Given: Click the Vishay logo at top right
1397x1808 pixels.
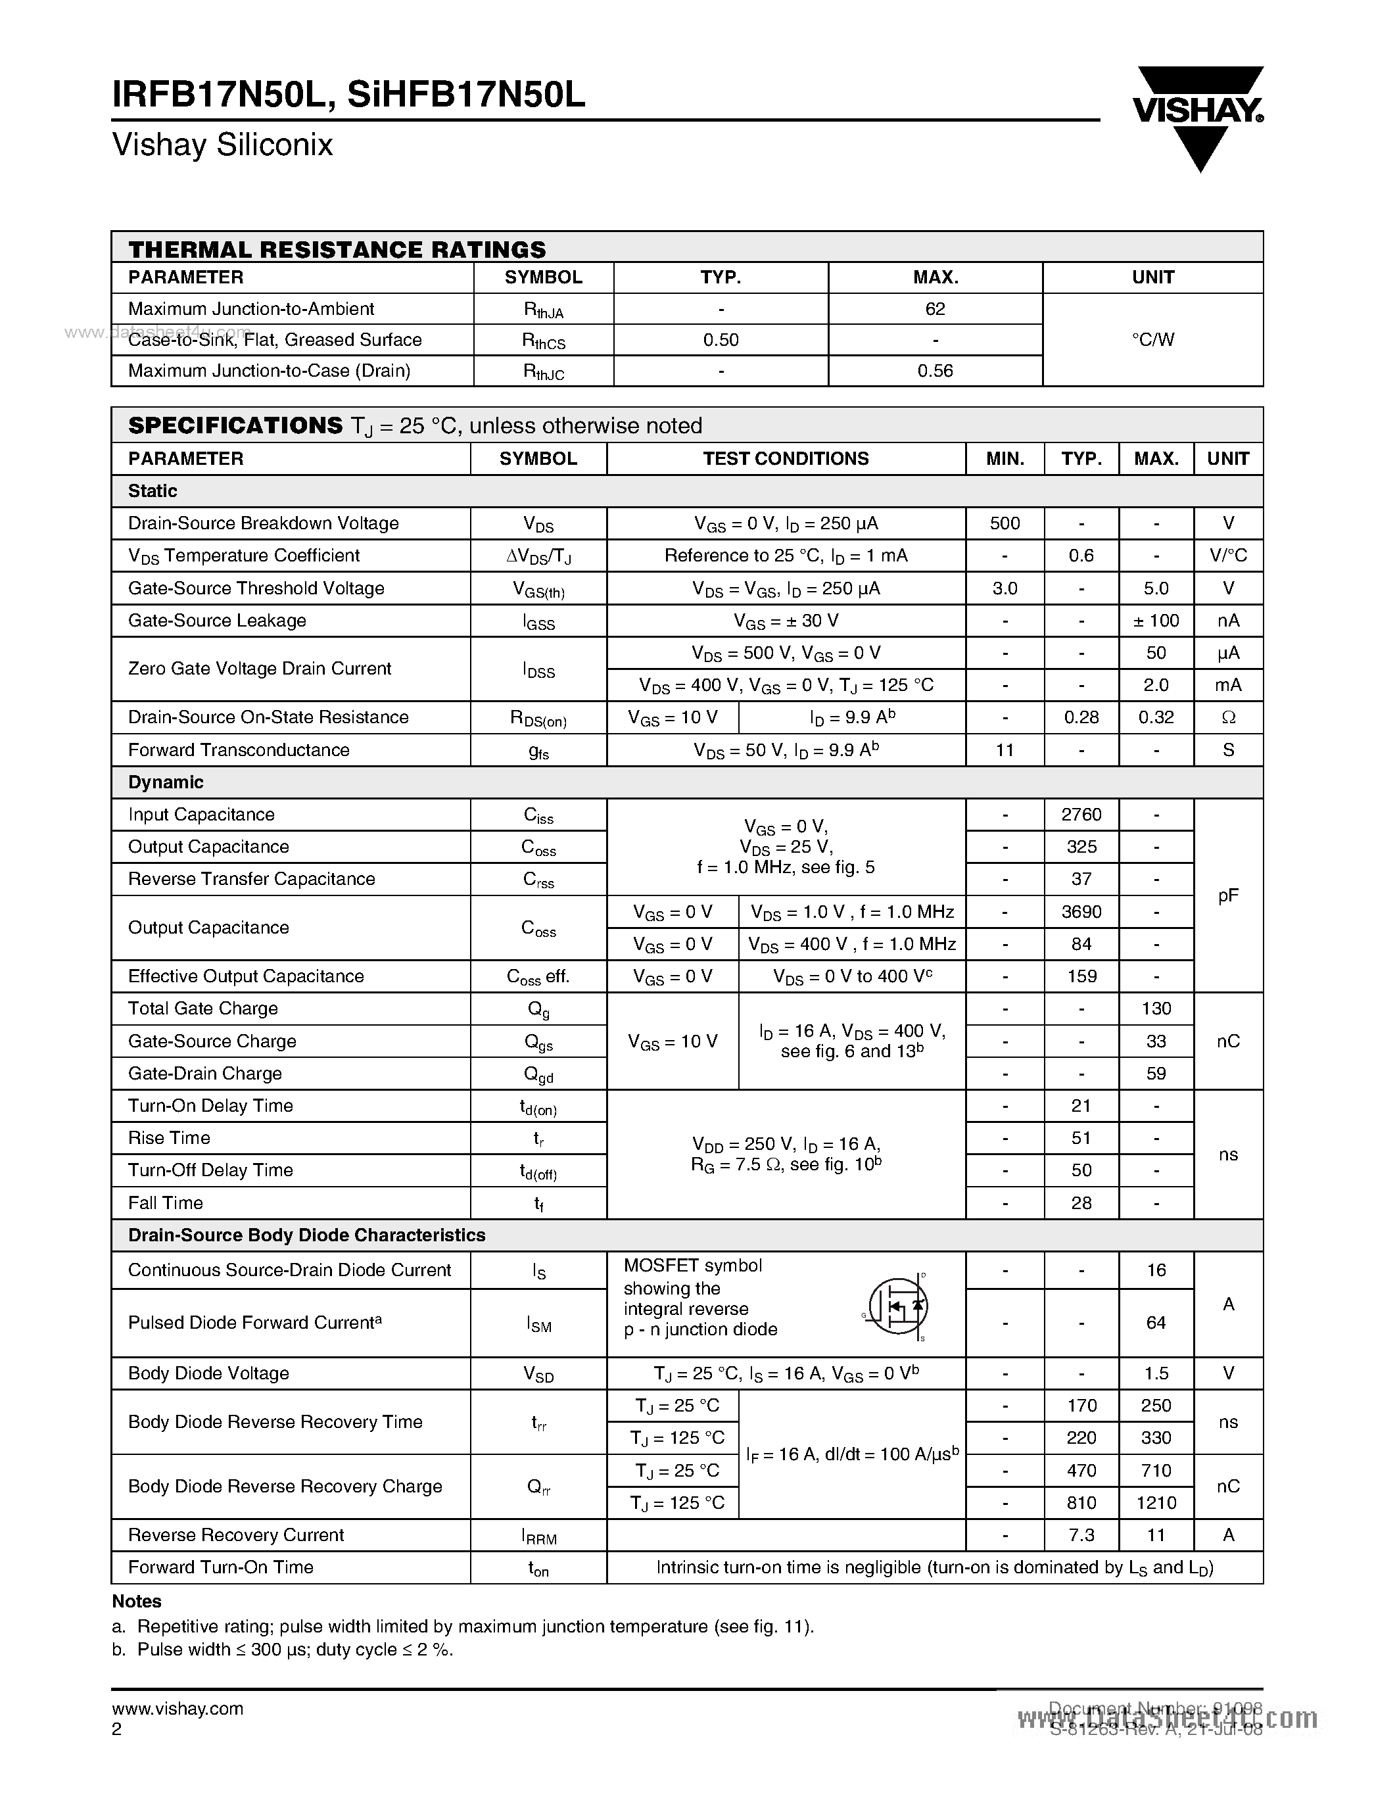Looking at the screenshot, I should [1198, 116].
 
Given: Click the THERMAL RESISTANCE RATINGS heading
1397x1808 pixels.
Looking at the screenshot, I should [337, 249].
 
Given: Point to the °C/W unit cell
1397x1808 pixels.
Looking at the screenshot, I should [1152, 339].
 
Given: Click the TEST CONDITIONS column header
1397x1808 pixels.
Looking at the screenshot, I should [786, 459].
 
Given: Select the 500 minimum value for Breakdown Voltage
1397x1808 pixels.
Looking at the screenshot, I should [1004, 523].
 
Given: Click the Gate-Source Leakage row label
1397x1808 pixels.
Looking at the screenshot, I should [217, 621].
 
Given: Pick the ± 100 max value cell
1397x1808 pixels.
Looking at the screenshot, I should [1155, 621].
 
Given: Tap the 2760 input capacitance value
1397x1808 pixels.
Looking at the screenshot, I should [1081, 815].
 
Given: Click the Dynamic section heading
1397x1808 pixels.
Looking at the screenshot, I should [166, 782].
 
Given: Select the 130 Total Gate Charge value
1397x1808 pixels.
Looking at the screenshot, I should [1155, 1009].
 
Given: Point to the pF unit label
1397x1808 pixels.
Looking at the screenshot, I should [1227, 895].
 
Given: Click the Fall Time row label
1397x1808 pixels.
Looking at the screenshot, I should [166, 1203].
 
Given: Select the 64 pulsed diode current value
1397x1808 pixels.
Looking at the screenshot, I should [1155, 1323].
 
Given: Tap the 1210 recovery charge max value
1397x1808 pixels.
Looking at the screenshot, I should [1155, 1502].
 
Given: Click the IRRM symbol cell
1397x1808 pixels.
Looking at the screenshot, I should [539, 1536].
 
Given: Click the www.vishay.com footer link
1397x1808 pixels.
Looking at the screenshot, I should [177, 1709].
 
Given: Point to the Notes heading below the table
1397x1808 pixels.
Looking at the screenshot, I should [137, 1601].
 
